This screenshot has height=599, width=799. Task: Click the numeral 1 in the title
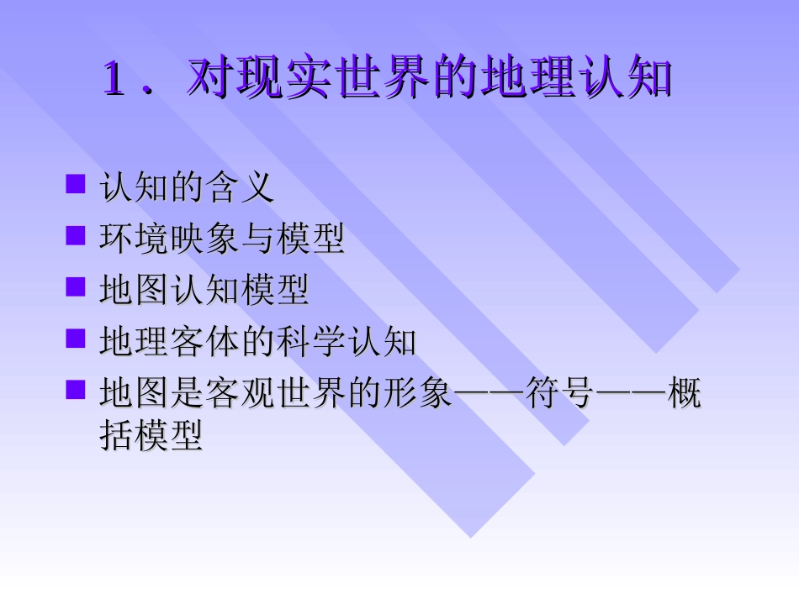115,78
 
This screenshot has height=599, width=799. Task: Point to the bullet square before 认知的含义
76,184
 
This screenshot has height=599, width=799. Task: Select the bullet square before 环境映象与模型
76,236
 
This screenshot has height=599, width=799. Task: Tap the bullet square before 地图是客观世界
76,390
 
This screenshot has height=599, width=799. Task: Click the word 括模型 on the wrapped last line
151,437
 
